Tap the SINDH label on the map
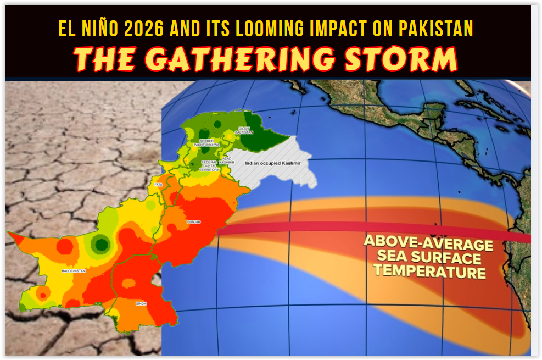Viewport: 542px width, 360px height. coord(141,303)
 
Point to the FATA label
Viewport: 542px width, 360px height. coord(159,185)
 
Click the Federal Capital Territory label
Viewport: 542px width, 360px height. coord(210,165)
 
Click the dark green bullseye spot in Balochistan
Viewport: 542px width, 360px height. coord(99,243)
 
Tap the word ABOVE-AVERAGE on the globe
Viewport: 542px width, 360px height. coord(428,242)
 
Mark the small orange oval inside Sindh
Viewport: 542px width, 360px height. coord(128,283)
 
